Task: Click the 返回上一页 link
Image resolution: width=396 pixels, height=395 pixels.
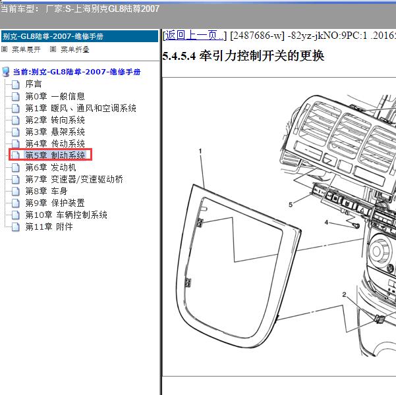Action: (x=195, y=36)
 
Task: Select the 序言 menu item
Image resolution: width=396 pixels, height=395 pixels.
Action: (x=34, y=84)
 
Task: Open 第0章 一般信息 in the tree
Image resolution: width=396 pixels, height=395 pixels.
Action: (x=55, y=96)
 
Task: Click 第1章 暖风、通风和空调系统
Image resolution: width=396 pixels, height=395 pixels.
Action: (x=80, y=108)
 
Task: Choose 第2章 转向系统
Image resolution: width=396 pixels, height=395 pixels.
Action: (x=55, y=120)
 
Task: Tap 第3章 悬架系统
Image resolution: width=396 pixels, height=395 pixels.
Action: (x=55, y=132)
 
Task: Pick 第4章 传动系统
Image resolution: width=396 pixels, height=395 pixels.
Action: (x=55, y=144)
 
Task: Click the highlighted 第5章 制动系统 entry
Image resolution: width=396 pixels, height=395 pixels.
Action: (x=55, y=155)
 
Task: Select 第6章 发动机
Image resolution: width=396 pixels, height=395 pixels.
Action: (x=51, y=167)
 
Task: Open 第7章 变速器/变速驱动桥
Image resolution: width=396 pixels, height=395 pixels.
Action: (x=74, y=179)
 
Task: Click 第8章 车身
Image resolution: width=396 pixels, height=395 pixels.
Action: (x=46, y=191)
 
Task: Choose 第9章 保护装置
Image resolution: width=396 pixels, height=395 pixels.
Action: (x=55, y=203)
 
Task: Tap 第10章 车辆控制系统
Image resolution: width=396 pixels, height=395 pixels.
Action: (x=66, y=215)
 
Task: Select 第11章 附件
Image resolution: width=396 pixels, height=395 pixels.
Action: (x=49, y=226)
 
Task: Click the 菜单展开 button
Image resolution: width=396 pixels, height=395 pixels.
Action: (x=21, y=49)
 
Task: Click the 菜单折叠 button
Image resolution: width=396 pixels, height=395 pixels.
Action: (x=70, y=49)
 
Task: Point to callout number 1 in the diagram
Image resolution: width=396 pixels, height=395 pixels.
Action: (x=200, y=151)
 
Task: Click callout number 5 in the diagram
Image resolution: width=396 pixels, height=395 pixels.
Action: (x=291, y=205)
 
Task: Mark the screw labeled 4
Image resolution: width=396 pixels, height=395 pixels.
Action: (x=356, y=225)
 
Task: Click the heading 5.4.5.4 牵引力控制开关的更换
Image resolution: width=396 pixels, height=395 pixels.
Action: (x=243, y=56)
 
